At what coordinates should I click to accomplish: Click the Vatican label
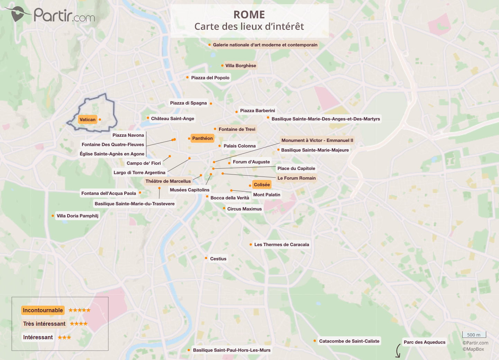(x=88, y=120)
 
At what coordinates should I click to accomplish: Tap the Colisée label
(x=262, y=185)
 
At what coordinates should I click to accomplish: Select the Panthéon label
(x=202, y=138)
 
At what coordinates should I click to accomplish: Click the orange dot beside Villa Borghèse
(x=222, y=65)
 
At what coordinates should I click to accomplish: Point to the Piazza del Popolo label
(x=210, y=78)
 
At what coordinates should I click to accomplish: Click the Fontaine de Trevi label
(x=237, y=129)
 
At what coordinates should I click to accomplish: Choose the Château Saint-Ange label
(x=172, y=119)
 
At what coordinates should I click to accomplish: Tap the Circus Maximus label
(x=244, y=209)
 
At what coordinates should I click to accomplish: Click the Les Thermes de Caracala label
(x=281, y=245)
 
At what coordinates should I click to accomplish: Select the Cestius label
(x=218, y=259)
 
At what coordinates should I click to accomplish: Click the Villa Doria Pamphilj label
(x=78, y=216)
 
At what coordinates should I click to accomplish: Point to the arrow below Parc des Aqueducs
(x=398, y=351)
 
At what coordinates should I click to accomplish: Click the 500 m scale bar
(x=474, y=335)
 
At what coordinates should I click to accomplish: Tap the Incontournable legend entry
(x=43, y=310)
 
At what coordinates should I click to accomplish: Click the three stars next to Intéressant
(x=64, y=337)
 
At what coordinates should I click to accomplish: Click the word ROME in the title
(x=249, y=15)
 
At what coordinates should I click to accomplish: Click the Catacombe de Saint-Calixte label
(x=349, y=341)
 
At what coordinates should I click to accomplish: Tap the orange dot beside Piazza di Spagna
(x=211, y=103)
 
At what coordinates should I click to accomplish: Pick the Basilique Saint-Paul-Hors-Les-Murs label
(x=232, y=350)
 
